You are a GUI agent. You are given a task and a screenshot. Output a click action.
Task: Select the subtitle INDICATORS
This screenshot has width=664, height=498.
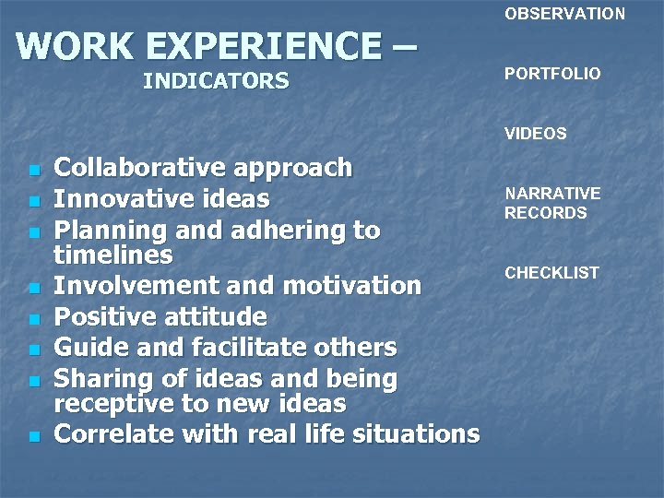216,82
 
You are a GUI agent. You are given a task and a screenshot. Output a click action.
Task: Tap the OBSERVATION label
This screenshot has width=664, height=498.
564,14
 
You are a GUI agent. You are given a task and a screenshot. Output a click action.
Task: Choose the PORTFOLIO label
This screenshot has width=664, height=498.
551,74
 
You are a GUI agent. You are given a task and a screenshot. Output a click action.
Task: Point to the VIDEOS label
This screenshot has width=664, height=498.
535,134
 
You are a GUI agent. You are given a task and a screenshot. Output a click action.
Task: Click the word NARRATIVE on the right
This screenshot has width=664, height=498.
551,194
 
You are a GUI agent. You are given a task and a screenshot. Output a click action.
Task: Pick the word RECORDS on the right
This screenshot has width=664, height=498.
545,213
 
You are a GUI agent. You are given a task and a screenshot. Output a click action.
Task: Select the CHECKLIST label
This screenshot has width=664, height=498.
551,273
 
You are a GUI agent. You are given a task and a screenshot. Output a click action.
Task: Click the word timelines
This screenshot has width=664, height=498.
113,255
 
